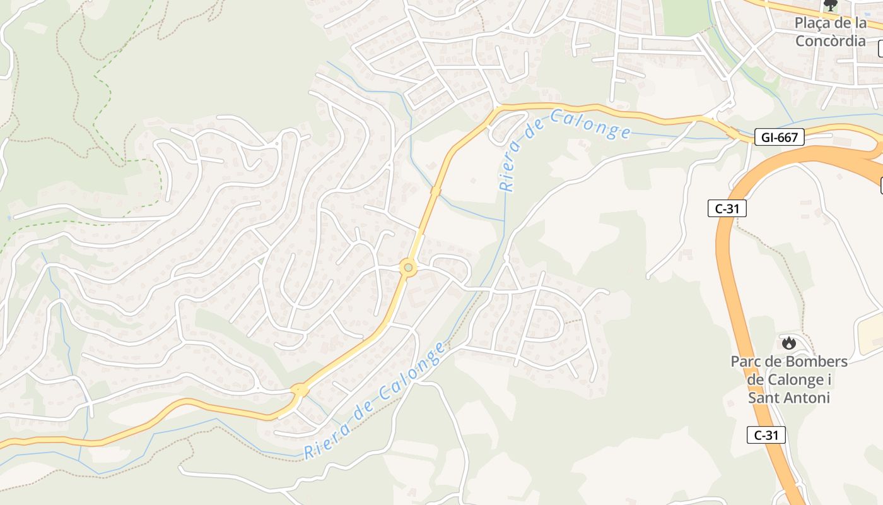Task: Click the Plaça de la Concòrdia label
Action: [830, 32]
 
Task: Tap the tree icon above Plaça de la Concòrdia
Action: [831, 6]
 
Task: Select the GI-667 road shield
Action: [779, 137]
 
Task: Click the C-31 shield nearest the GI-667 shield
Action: [727, 208]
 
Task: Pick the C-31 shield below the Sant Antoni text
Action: [766, 434]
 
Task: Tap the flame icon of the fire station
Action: [788, 343]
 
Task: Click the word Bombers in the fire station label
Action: [817, 362]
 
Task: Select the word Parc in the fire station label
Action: [745, 362]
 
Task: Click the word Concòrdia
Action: [830, 41]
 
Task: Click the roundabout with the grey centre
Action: [408, 268]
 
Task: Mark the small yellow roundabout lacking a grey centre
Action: [300, 389]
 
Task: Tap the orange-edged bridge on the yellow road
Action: [435, 190]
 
